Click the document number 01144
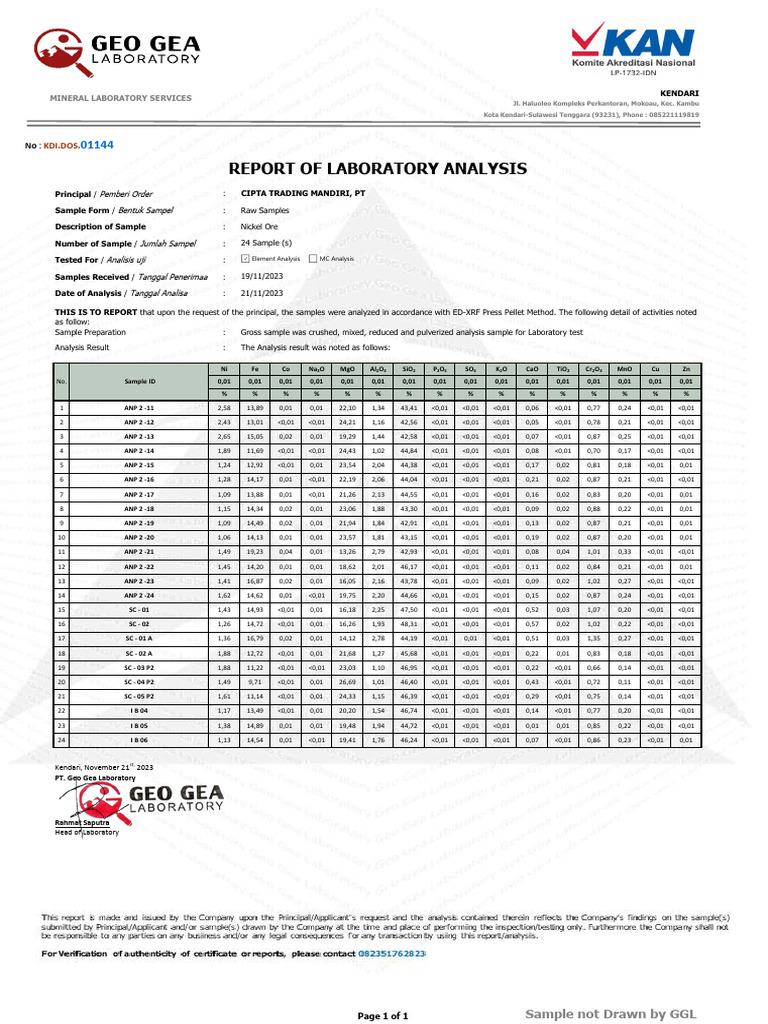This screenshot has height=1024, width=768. tap(97, 145)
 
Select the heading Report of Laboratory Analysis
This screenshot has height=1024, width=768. tap(378, 168)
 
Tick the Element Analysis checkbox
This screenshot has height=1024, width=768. tap(246, 258)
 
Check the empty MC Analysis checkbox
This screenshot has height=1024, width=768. tap(313, 258)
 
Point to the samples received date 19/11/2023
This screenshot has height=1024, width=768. tap(262, 276)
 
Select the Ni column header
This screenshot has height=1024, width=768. tap(224, 369)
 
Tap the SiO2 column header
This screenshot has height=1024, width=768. tap(408, 369)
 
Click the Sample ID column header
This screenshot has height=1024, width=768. tap(140, 381)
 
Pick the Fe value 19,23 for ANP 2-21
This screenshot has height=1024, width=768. tap(255, 552)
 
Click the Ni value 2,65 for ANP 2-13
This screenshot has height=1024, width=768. tap(224, 437)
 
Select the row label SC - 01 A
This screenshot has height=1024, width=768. tap(140, 639)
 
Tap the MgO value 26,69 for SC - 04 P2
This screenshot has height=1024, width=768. tap(347, 682)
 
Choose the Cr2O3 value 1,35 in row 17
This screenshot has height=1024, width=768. tap(593, 639)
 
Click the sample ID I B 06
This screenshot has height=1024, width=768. tap(140, 740)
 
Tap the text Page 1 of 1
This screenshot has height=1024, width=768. tap(383, 1016)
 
